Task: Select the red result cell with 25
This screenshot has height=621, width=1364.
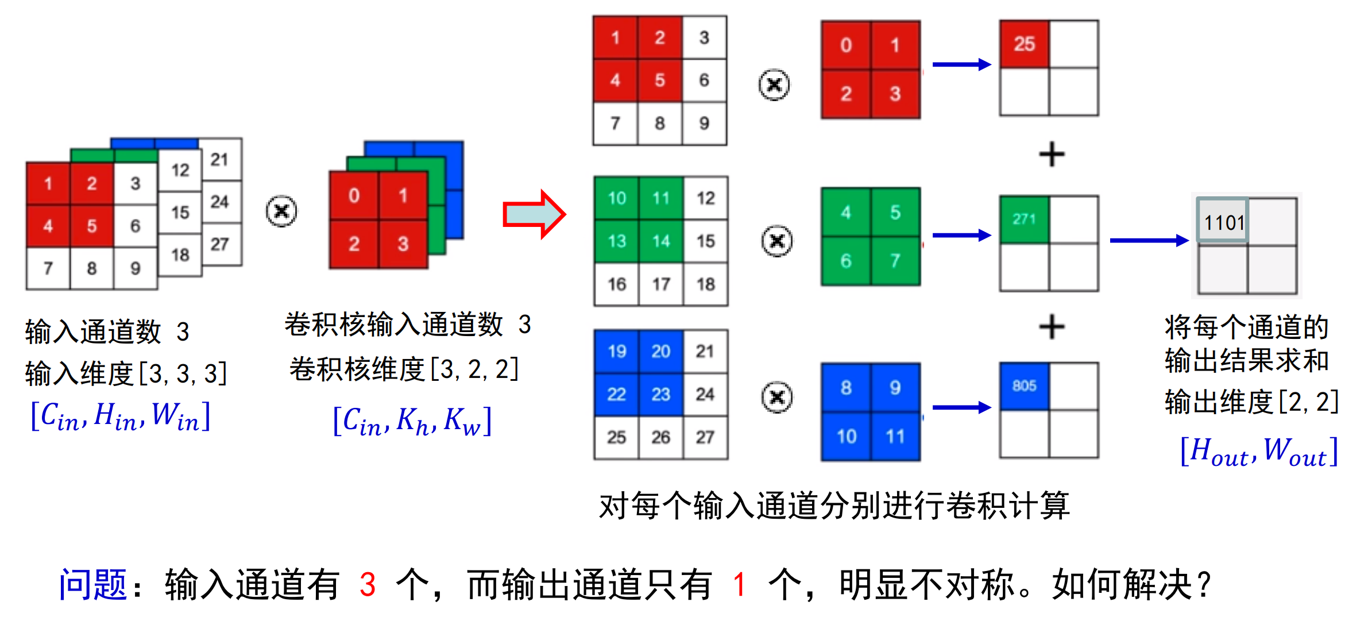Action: pos(1024,44)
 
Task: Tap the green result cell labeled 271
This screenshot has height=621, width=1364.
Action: pos(1024,219)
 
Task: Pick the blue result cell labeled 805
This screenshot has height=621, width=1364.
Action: pos(1024,385)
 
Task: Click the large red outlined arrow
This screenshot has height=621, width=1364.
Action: pos(534,214)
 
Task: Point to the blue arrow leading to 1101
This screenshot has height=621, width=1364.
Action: pos(1148,240)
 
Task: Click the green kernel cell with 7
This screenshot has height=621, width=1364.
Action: pos(895,261)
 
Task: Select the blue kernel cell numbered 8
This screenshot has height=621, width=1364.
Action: pos(846,388)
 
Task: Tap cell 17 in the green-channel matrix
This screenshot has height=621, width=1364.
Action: pos(661,284)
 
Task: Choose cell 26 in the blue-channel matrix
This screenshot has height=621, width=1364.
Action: pos(660,437)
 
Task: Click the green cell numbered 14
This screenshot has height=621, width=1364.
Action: pos(661,241)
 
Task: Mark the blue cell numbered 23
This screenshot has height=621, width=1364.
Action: pos(660,394)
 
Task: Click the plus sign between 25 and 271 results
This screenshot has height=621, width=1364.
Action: pos(1052,155)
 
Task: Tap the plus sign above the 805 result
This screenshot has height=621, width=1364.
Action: pos(1052,327)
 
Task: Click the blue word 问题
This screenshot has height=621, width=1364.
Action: pos(92,584)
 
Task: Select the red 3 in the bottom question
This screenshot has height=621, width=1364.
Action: pos(368,585)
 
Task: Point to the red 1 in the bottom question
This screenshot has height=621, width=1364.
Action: pos(739,585)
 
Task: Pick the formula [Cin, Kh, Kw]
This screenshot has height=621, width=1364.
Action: pos(412,421)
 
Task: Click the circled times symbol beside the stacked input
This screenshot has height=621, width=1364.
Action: pos(281,211)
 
